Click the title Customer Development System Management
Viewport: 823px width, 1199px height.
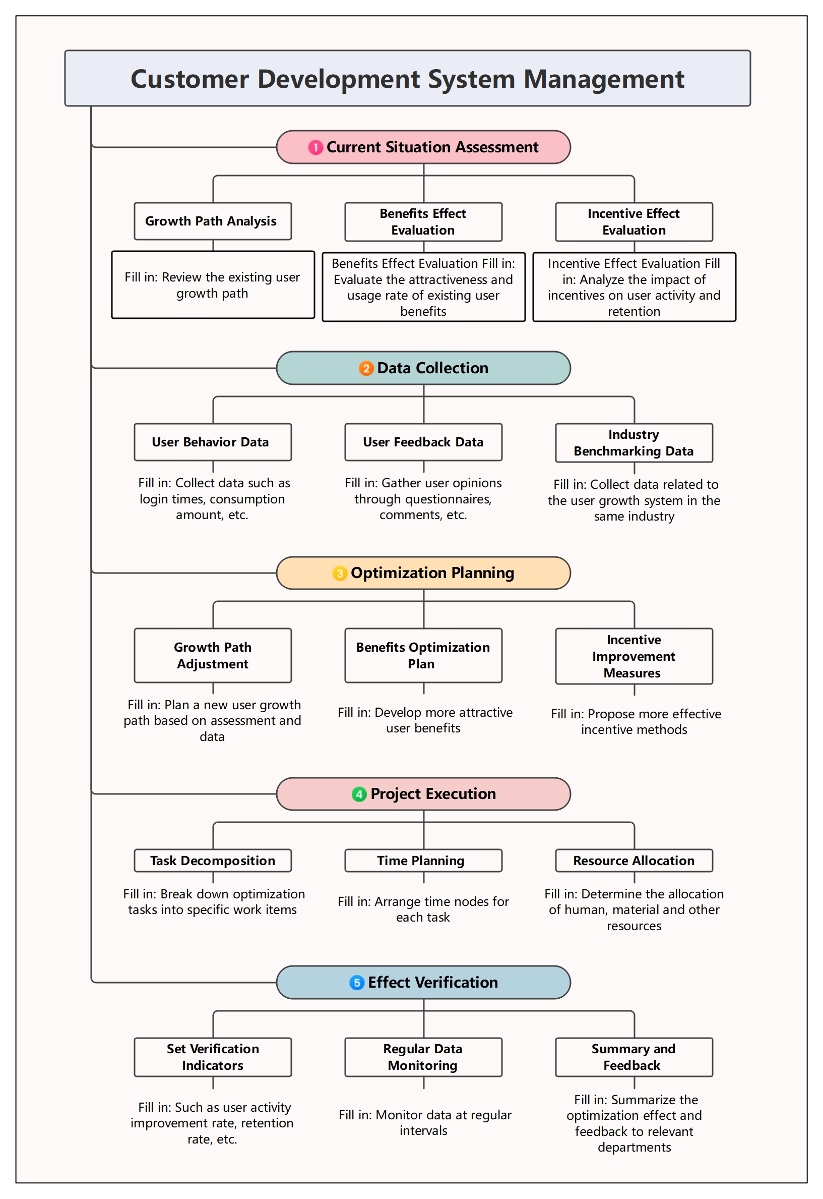[x=407, y=79]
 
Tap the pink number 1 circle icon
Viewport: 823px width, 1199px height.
[x=315, y=148]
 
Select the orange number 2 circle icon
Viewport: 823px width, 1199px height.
[x=366, y=369]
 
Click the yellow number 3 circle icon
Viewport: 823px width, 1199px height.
[x=340, y=574]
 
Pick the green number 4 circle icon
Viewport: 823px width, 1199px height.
[x=359, y=794]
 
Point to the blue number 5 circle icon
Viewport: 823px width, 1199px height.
[x=357, y=983]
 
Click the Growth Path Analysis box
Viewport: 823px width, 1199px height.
[x=213, y=221]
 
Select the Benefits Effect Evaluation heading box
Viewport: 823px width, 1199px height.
[x=423, y=222]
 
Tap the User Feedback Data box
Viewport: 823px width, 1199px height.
[x=423, y=442]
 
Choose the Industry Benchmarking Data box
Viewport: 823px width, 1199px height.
[x=634, y=443]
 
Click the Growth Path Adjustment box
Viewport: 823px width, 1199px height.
[x=213, y=656]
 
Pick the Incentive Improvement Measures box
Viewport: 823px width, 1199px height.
[x=634, y=657]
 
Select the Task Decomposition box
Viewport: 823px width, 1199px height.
[x=213, y=861]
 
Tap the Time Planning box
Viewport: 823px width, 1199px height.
[x=423, y=861]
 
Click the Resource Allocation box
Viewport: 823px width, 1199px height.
[x=634, y=861]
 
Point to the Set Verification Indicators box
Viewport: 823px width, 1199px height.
[x=213, y=1058]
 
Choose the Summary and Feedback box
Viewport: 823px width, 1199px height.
[x=634, y=1058]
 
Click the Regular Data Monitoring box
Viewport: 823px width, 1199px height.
[x=423, y=1058]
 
